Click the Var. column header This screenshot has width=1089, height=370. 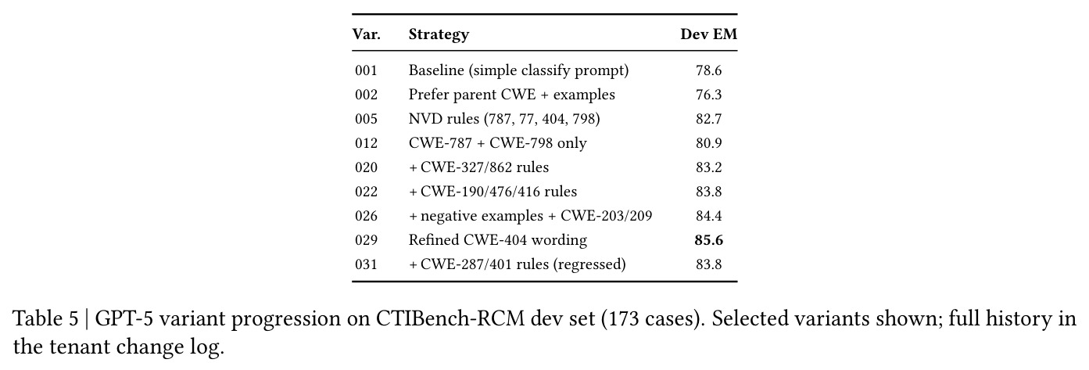click(x=367, y=34)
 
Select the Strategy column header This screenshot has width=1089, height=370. click(x=439, y=34)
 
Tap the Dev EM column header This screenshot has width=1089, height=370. click(x=708, y=34)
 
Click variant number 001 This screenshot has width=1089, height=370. click(x=366, y=70)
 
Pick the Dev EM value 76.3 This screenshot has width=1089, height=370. click(x=708, y=95)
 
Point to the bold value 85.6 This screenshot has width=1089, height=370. click(x=708, y=240)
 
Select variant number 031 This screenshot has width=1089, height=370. click(x=366, y=264)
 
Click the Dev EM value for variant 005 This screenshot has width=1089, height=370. click(x=708, y=119)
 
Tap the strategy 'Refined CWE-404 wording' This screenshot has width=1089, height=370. click(x=498, y=240)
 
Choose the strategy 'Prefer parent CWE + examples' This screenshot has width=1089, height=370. click(x=511, y=95)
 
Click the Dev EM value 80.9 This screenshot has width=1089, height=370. click(x=708, y=143)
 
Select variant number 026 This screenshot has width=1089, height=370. click(x=366, y=216)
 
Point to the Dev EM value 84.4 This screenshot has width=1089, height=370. click(x=708, y=216)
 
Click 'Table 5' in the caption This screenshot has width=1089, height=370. click(x=45, y=319)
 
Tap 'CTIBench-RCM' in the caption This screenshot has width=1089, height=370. click(x=450, y=319)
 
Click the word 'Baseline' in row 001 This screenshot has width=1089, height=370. click(x=436, y=70)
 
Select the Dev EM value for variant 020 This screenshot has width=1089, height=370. click(x=708, y=167)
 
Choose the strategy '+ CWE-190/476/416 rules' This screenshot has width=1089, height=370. click(x=493, y=192)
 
